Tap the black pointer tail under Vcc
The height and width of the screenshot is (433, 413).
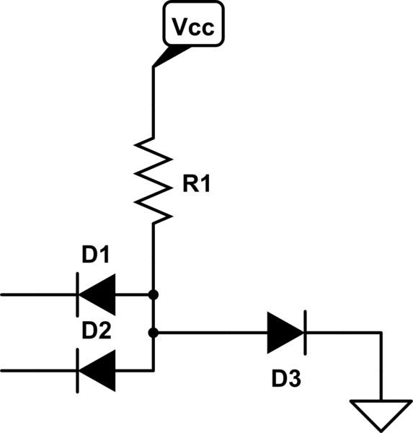170,56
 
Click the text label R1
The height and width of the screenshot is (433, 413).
195,185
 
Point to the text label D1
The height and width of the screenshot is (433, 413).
96,255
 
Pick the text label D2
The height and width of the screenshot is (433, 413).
96,331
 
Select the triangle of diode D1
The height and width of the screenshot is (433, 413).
97,294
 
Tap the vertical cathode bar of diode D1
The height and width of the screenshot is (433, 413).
78,294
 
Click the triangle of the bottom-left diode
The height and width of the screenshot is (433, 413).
97,370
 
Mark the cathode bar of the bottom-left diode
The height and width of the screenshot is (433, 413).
78,370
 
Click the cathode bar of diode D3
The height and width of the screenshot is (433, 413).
304,333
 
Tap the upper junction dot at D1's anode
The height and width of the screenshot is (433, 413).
154,294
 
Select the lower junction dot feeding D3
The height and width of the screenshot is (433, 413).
154,333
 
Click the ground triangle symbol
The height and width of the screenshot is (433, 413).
379,413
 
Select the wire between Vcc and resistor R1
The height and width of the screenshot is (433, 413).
154,101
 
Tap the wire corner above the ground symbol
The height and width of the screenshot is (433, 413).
379,333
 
